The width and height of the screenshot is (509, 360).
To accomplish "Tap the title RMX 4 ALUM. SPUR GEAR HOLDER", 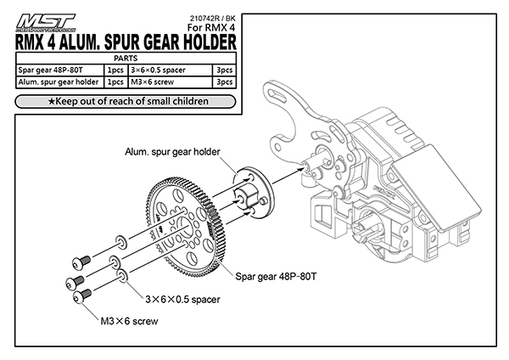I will pyautogui.click(x=126, y=42).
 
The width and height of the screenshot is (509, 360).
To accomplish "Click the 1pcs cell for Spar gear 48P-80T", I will pyautogui.click(x=114, y=70).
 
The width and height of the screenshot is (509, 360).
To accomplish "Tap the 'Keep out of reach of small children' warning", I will pyautogui.click(x=127, y=102).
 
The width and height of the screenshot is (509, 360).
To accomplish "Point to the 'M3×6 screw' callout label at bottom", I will pyautogui.click(x=126, y=322).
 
